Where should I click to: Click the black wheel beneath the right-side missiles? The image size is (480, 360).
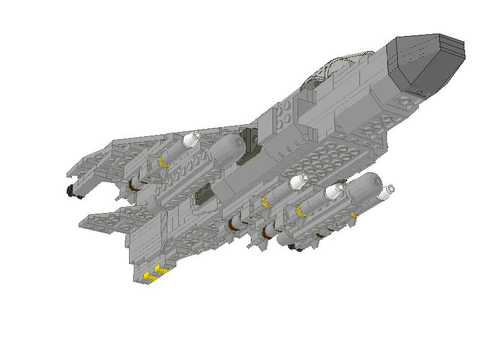(294, 247)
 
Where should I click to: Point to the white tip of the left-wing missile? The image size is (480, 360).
(191, 140)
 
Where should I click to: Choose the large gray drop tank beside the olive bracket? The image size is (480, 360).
(226, 149)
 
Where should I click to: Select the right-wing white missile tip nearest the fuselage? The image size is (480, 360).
(298, 181)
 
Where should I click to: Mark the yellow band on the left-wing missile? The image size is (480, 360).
(162, 161)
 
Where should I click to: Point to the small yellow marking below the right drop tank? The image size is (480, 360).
(355, 213)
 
